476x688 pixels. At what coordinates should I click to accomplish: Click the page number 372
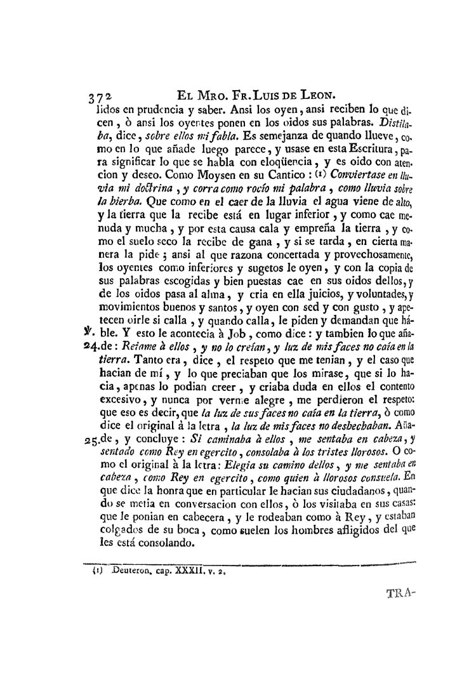pos(99,98)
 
